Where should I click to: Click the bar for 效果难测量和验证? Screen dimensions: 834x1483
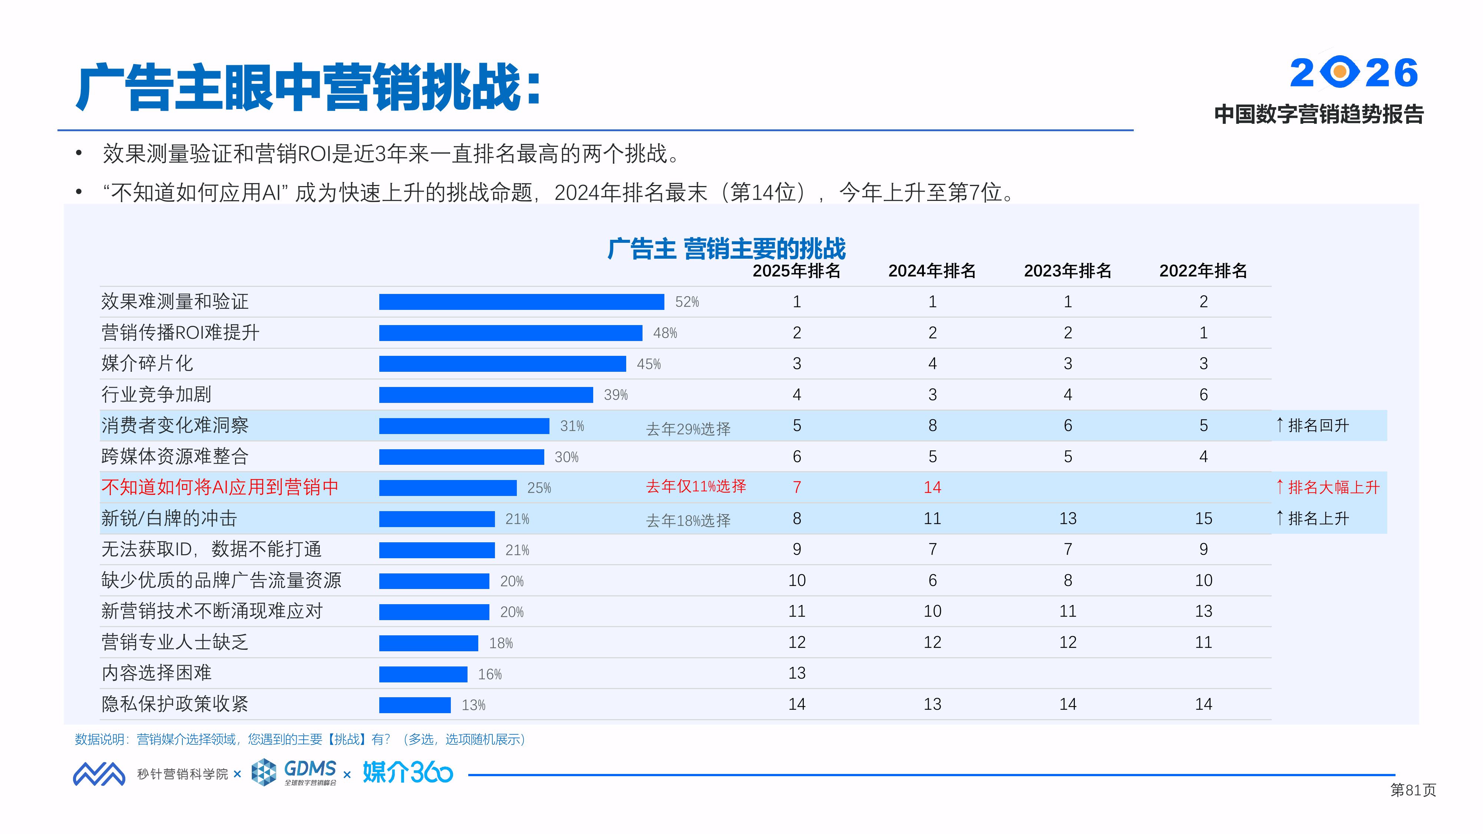(521, 302)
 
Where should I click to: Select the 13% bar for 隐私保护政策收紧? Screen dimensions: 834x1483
(414, 705)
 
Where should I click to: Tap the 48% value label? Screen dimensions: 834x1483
(665, 333)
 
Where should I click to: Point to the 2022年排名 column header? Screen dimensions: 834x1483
(1203, 271)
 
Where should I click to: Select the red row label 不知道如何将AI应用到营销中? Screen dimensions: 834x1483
(220, 487)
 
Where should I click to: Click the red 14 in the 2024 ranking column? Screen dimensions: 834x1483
(932, 487)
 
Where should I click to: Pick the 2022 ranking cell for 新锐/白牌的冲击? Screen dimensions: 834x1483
(1203, 519)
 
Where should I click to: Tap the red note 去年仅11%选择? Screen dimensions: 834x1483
(696, 486)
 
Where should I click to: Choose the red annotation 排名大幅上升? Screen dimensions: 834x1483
(1333, 487)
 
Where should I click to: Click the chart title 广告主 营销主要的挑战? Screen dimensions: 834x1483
(727, 249)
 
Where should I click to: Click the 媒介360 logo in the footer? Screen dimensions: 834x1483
(407, 772)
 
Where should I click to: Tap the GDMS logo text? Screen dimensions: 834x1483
(310, 769)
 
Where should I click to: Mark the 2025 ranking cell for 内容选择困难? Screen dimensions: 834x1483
(797, 673)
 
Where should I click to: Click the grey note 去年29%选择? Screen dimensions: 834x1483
(688, 429)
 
